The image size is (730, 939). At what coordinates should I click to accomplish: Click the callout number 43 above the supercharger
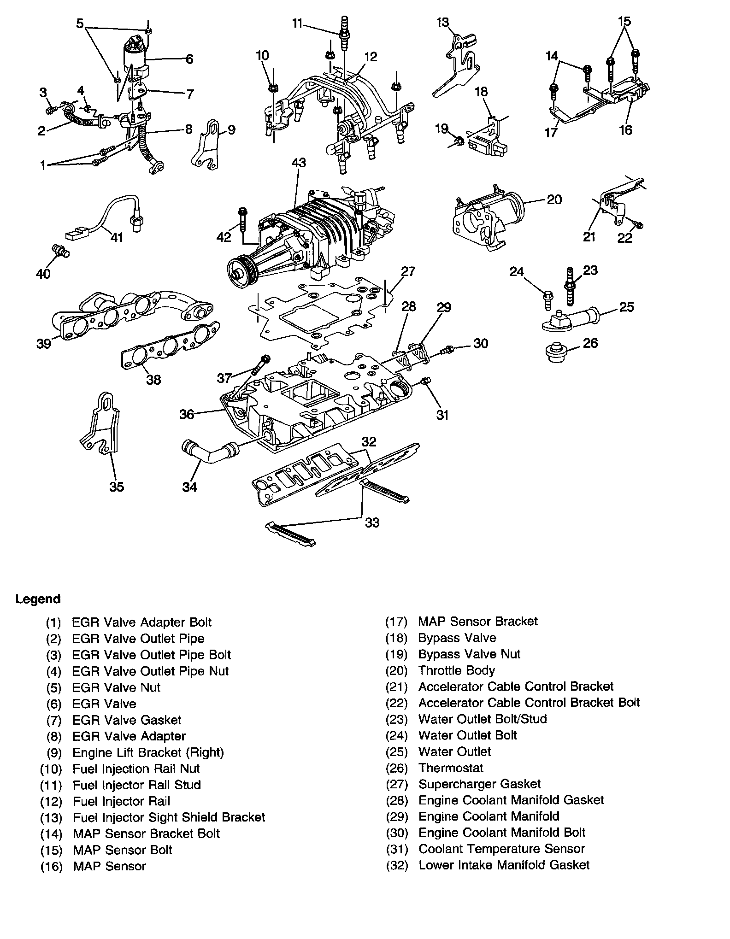pos(298,163)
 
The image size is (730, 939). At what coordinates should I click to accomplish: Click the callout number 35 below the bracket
pos(117,487)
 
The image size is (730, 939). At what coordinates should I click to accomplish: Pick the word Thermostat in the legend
pos(450,768)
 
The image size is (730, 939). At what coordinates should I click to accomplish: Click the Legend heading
pos(38,599)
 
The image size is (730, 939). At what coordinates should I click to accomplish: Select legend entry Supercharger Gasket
pos(479,784)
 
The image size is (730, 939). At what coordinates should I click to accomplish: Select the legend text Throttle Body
pos(456,670)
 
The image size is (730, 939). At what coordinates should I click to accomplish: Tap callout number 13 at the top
pos(442,22)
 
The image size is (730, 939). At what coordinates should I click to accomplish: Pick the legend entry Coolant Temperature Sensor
pos(501,849)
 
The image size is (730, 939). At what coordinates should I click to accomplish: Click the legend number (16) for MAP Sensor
pos(51,866)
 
